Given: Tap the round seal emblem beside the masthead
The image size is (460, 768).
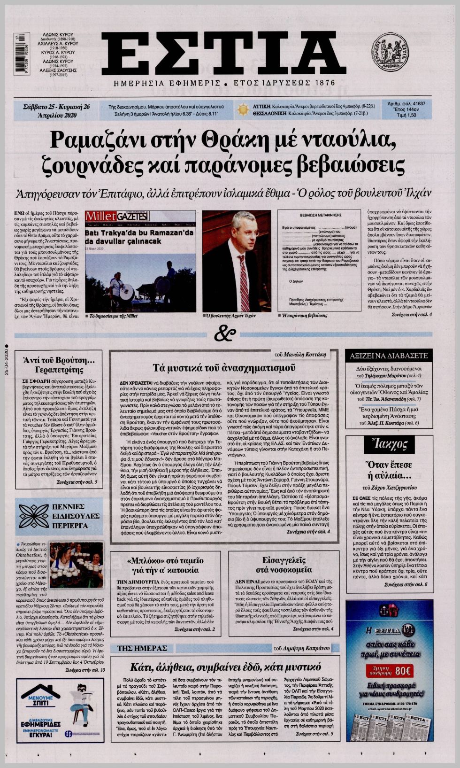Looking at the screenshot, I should click(x=390, y=52).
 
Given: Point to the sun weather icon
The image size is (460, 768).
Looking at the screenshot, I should click(x=243, y=110).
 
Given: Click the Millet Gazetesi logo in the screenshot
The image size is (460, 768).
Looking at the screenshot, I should click(x=117, y=216).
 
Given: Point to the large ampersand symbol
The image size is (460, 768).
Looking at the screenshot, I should click(x=224, y=334).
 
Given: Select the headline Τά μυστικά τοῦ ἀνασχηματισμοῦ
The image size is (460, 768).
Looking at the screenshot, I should click(x=223, y=367).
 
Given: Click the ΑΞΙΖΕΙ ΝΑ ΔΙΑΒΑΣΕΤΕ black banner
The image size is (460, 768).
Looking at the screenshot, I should click(x=389, y=356).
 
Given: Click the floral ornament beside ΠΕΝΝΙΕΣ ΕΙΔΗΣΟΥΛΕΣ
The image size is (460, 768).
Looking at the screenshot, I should click(x=33, y=516).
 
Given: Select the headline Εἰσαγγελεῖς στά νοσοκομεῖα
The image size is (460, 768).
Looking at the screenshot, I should click(x=284, y=565).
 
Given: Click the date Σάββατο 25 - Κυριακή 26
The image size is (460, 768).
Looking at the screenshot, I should click(x=56, y=106).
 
